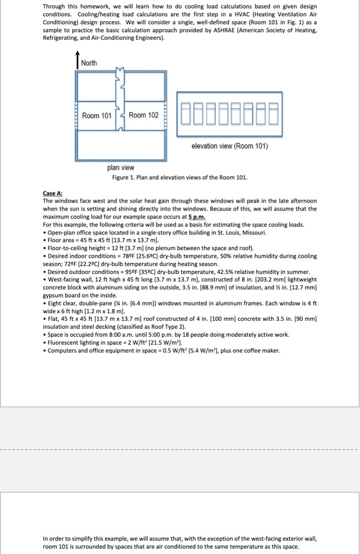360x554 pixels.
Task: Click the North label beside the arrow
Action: click(x=89, y=63)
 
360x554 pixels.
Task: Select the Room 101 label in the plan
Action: click(x=96, y=115)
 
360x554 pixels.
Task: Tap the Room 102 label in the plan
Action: click(x=144, y=115)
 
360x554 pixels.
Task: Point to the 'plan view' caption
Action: click(x=121, y=168)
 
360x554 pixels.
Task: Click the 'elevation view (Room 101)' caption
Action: click(x=230, y=146)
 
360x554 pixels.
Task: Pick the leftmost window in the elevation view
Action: click(x=187, y=114)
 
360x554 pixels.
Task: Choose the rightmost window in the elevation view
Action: click(x=273, y=114)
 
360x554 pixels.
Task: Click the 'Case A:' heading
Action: click(x=53, y=193)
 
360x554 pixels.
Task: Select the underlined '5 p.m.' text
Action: click(x=197, y=217)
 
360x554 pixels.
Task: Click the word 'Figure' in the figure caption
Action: click(x=120, y=178)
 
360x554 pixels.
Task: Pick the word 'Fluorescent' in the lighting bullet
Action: click(x=63, y=343)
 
